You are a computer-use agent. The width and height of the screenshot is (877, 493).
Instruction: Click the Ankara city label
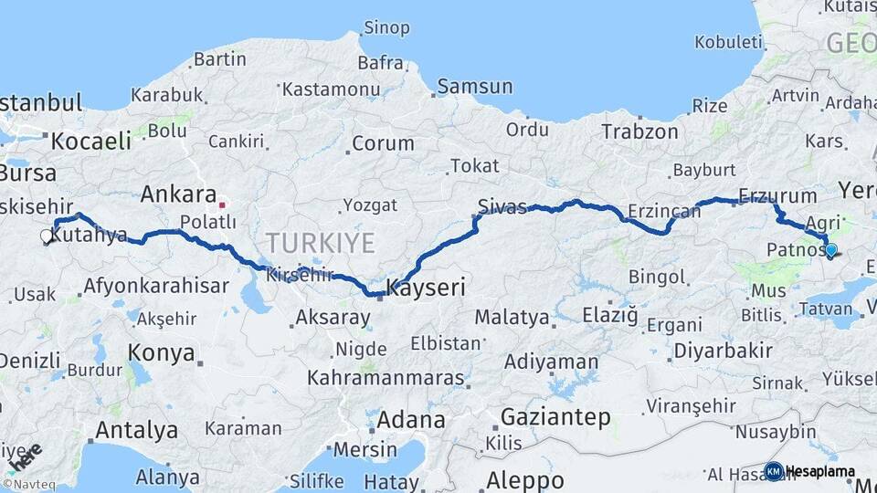coord(177,194)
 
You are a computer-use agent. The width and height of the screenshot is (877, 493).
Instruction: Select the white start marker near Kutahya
coord(47,236)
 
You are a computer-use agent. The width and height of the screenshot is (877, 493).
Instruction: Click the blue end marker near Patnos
coord(831,248)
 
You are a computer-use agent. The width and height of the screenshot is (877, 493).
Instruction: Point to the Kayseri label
coord(426,288)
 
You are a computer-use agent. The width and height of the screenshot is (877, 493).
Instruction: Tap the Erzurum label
coord(777,195)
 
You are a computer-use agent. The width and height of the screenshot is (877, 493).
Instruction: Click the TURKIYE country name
coord(320,243)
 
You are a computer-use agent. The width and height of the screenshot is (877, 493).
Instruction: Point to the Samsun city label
coord(474,87)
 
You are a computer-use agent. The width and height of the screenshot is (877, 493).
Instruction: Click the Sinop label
coord(386,27)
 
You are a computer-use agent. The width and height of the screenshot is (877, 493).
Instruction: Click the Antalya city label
coord(137,429)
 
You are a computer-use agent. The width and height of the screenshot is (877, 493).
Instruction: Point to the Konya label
coord(161,352)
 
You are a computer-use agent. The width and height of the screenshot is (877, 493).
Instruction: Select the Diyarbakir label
coord(723,351)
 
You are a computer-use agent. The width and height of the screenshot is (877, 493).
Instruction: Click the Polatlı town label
coord(207,222)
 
